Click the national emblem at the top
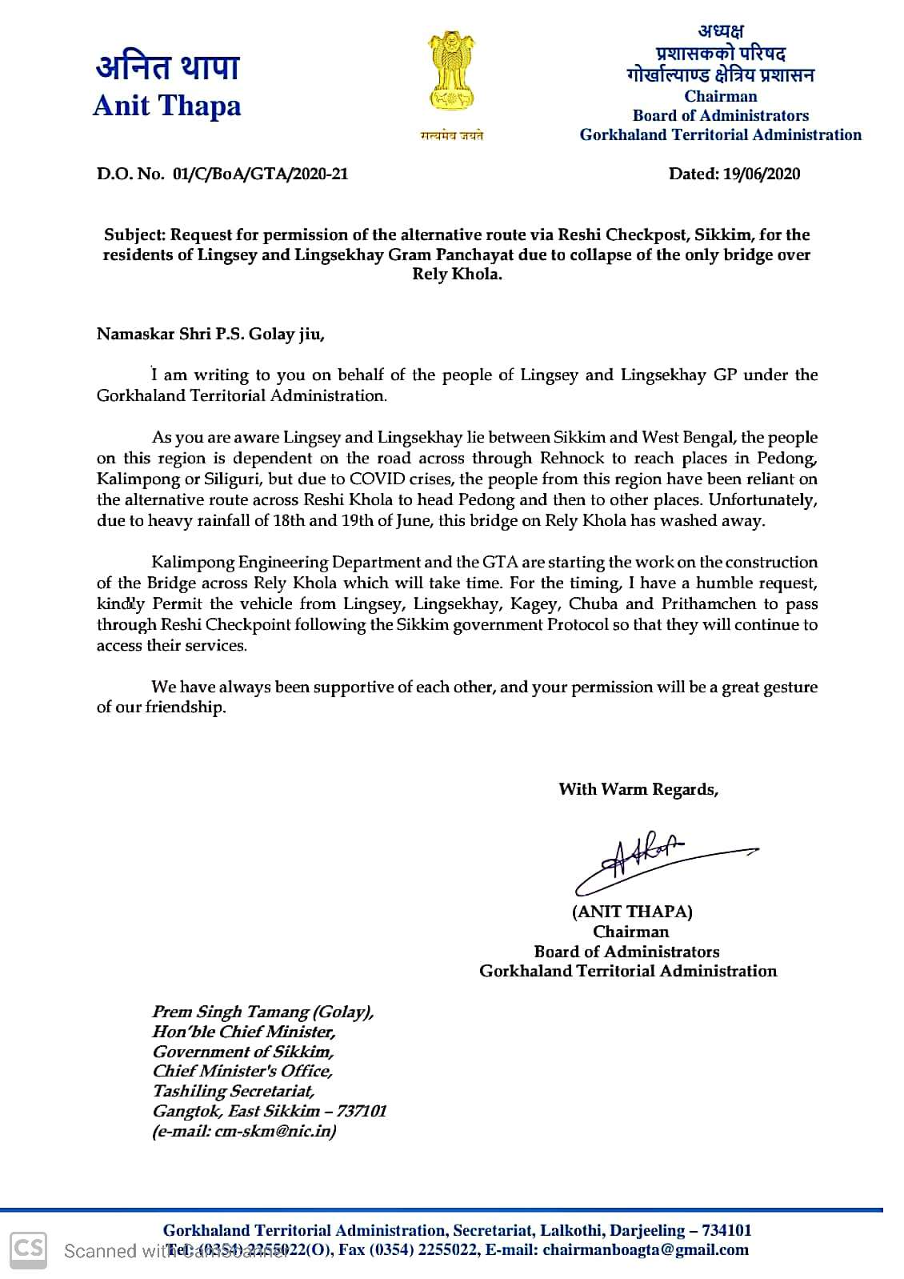pyautogui.click(x=452, y=74)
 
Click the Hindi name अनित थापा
pyautogui.click(x=167, y=67)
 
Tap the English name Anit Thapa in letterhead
pyautogui.click(x=166, y=106)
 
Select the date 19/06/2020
pyautogui.click(x=761, y=174)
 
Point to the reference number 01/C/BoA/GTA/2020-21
pyautogui.click(x=260, y=174)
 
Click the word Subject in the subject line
pyautogui.click(x=134, y=235)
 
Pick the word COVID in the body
pyautogui.click(x=378, y=479)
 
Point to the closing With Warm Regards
pyautogui.click(x=638, y=789)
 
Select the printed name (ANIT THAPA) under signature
pyautogui.click(x=632, y=911)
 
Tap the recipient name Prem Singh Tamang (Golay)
pyautogui.click(x=262, y=1012)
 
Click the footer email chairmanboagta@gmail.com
pyautogui.click(x=646, y=1249)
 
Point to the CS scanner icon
pyautogui.click(x=28, y=1249)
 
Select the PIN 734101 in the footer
pyautogui.click(x=726, y=1230)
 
